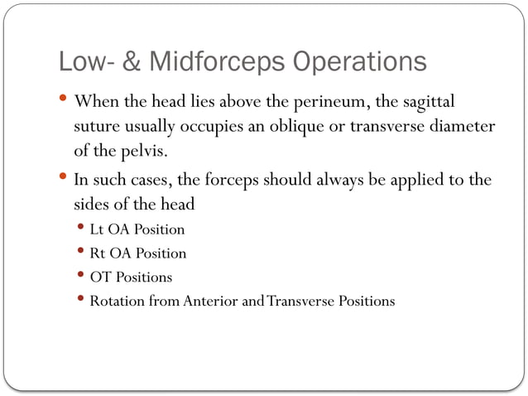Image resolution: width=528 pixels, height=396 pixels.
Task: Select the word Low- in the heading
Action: point(84,62)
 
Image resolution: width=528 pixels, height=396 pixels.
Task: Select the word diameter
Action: point(460,128)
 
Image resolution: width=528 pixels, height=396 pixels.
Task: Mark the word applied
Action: point(403,181)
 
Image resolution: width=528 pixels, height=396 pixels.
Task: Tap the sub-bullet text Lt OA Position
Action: point(137,229)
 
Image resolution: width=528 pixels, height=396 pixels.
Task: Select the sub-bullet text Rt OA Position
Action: point(137,253)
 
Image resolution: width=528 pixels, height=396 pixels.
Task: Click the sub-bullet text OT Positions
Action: point(131,277)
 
